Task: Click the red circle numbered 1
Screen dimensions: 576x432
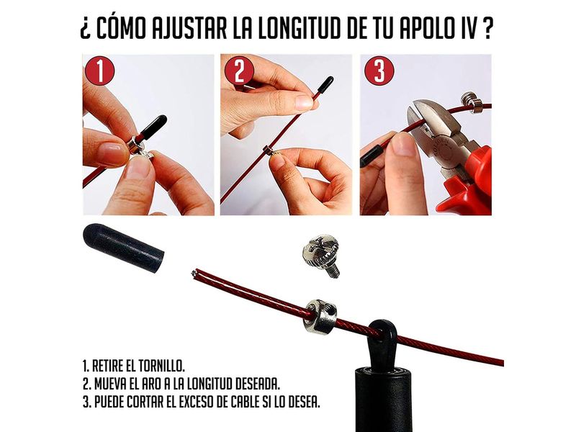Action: pos(99,71)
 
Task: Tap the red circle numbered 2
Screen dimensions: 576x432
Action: pos(240,71)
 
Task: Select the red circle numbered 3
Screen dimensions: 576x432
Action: pos(379,71)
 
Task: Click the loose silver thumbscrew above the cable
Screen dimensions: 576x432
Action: pos(320,256)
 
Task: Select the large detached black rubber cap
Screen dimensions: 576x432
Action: pos(123,248)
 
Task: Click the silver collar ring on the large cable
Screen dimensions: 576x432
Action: pos(320,316)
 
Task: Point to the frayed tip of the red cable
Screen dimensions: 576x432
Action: pos(194,273)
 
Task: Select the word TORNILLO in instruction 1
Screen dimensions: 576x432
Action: pos(161,366)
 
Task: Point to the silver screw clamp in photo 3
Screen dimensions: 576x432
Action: pos(472,101)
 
